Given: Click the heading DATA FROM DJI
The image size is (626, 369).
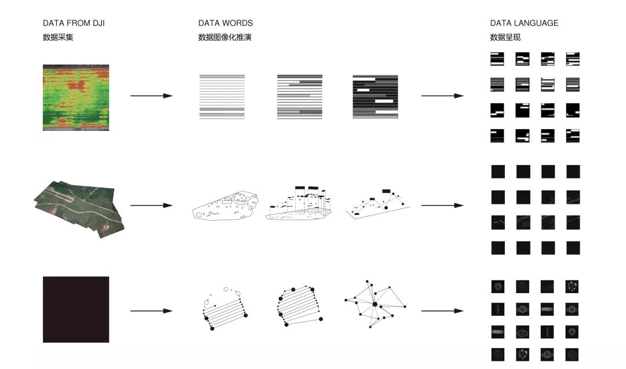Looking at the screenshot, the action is coord(74,23).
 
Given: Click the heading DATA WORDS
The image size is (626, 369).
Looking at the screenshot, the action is coord(225,23).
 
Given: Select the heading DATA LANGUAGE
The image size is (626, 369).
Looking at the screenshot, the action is coord(524,23).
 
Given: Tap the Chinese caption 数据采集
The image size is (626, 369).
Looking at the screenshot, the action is coord(58,38).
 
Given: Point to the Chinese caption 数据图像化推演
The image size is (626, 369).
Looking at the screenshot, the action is coord(225,38).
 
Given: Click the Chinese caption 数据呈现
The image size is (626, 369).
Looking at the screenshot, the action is coord(505,38).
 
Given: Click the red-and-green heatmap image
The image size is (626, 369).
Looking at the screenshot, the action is coord(76,97).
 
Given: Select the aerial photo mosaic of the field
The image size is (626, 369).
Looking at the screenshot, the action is coord(79,209).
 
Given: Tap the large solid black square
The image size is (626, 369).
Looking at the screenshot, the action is coord(76,309).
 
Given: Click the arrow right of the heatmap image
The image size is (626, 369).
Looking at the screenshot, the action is coord(151,96).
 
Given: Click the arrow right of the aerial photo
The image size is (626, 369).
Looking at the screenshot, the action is coord(151,206).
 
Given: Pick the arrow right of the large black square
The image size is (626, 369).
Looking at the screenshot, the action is coord(151,310).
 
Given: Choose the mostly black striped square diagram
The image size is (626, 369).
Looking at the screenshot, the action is coord(375,97).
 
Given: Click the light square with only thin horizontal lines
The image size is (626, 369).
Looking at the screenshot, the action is coord(222,97).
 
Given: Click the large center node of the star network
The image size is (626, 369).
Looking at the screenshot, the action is coord(375,304).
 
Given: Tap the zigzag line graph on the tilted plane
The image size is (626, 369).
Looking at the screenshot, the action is coord(378,203).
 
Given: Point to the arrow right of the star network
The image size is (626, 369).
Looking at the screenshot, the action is coord(442,310).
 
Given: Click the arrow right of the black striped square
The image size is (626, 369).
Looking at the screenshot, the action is coord(442,96).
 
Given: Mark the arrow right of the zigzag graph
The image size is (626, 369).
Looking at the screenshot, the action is coord(442,206).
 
